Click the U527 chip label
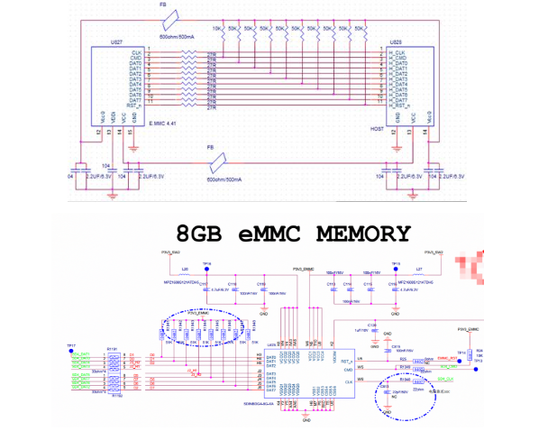coord(116,42)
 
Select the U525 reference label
coord(395,42)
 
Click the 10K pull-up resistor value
coord(217,29)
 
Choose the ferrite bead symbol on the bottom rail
coord(215,163)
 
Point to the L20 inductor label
coord(186,269)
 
